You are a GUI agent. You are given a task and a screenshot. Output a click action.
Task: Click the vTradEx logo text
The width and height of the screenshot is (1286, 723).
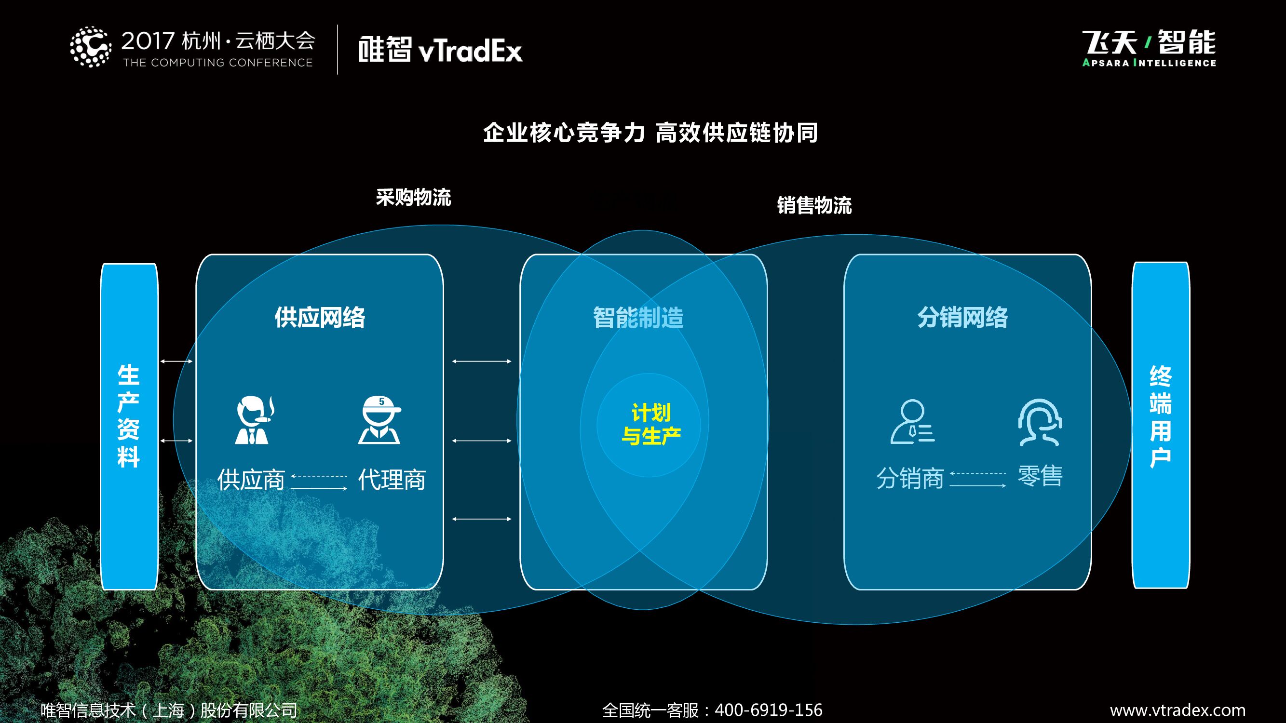point(440,50)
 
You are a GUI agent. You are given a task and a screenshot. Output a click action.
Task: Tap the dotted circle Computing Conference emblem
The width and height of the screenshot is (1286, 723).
point(90,47)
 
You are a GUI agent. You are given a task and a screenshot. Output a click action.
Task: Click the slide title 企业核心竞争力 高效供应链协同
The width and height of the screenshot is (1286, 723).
point(650,133)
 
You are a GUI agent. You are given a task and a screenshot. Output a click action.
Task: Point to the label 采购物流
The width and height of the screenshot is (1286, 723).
point(413,197)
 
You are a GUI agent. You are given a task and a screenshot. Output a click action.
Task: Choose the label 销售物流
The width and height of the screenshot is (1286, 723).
point(814,205)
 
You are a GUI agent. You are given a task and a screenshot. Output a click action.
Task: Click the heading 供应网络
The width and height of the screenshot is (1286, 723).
point(320,317)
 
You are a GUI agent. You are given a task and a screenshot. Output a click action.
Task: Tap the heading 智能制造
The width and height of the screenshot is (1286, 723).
point(638,317)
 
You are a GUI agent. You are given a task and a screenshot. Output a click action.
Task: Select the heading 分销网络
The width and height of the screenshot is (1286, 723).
point(962,317)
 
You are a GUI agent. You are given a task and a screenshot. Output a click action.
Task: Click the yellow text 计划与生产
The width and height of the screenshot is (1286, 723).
point(651,424)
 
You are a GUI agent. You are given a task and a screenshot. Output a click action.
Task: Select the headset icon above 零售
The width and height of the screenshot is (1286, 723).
point(1040,422)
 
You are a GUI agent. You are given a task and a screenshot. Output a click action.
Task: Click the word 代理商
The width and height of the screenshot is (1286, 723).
point(392,480)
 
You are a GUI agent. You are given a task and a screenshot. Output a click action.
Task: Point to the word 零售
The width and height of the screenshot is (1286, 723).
point(1040,476)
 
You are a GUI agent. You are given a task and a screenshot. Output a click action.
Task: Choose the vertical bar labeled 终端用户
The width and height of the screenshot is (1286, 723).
point(1160,425)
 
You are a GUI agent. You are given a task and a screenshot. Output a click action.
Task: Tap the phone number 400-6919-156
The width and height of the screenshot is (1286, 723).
point(768,710)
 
